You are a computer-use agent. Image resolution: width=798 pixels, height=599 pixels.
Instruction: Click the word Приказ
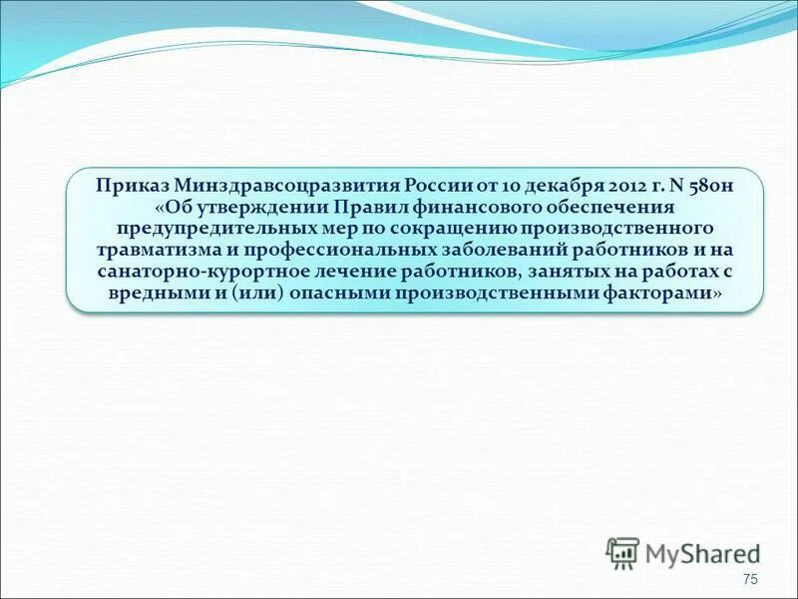pos(132,186)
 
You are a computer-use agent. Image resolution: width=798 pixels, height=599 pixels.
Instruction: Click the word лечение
pos(350,273)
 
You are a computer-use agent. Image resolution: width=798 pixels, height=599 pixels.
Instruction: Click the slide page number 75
pos(751,581)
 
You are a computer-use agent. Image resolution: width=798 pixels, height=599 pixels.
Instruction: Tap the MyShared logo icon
pos(622,552)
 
